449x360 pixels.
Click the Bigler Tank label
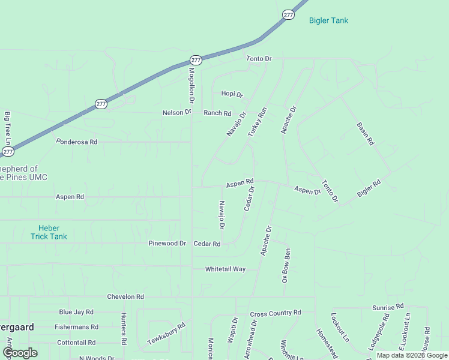click(x=328, y=20)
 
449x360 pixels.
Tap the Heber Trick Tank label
click(x=49, y=232)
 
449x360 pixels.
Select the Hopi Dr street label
click(x=232, y=94)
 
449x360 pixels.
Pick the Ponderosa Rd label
click(x=77, y=142)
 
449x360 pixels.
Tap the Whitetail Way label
click(x=226, y=269)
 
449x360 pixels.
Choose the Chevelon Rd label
click(x=125, y=297)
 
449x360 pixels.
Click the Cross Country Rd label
click(x=276, y=313)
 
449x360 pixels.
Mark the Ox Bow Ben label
click(x=286, y=262)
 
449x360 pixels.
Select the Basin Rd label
click(x=365, y=134)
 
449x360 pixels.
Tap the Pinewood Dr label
click(x=167, y=244)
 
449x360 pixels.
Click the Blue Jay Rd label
click(x=76, y=312)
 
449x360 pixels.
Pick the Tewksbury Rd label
click(x=166, y=333)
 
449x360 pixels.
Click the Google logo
click(x=20, y=353)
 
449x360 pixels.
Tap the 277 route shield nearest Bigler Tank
click(x=289, y=14)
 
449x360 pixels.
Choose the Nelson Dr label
click(x=176, y=113)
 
